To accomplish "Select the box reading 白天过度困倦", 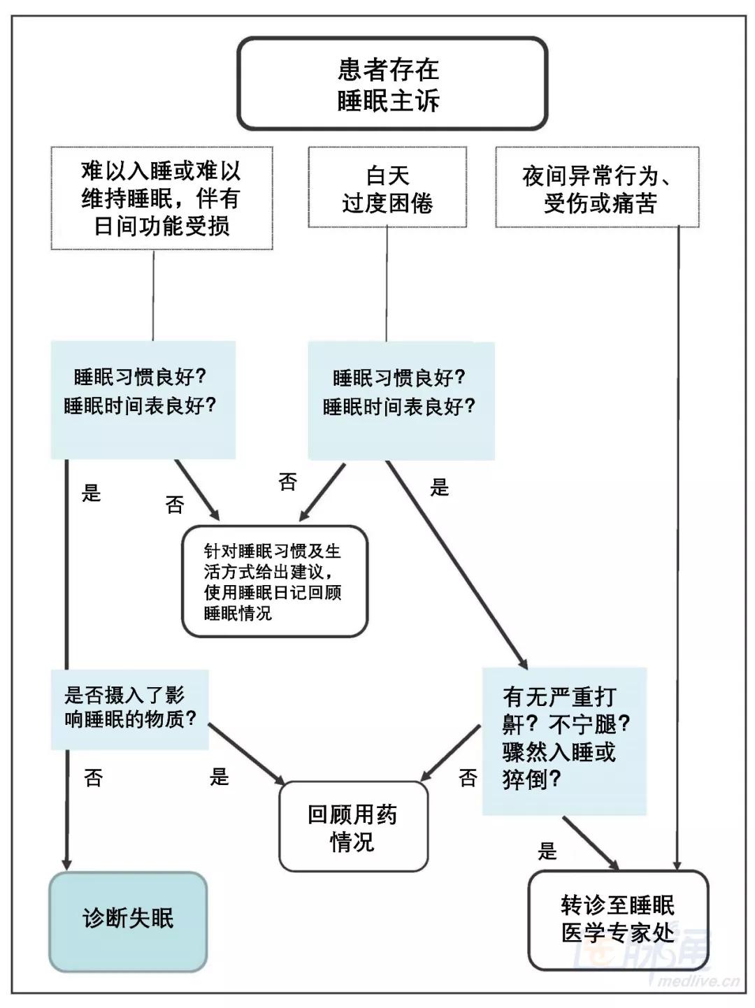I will [x=387, y=188].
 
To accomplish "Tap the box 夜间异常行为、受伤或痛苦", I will [x=597, y=188].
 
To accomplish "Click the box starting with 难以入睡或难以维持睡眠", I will [x=161, y=198].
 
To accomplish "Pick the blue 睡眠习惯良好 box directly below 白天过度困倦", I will [x=401, y=400].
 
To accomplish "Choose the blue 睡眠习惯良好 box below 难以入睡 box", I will [x=143, y=399].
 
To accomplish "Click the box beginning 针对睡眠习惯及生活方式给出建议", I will [x=274, y=582].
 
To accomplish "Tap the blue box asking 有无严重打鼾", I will [x=564, y=740].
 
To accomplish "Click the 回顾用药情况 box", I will [x=353, y=826].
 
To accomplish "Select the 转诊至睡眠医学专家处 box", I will [x=618, y=920].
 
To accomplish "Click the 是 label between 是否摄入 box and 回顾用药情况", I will [x=220, y=777].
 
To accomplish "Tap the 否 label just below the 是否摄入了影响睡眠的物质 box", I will [x=93, y=777].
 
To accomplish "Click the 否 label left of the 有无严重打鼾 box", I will [x=468, y=777].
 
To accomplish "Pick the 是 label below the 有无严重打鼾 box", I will [x=547, y=851].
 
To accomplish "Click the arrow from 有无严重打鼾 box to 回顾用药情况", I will [x=451, y=754].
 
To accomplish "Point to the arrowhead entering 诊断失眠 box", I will [x=67, y=863].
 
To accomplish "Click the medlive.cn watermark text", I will [x=699, y=980].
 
